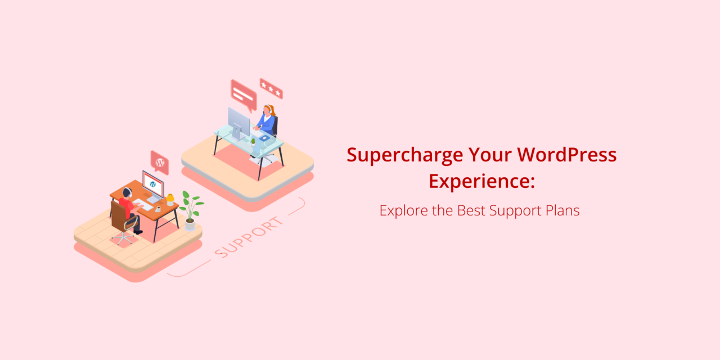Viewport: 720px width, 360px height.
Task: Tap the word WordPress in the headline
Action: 566,155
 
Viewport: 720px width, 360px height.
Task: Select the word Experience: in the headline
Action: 482,182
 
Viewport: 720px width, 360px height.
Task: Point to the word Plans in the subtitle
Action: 562,210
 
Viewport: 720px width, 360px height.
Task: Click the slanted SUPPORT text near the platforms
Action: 249,237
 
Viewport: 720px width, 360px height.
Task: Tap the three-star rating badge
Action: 271,88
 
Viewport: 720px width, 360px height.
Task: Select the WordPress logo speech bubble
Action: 160,163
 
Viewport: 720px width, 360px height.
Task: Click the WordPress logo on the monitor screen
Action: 153,184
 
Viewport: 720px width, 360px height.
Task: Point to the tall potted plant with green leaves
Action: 191,210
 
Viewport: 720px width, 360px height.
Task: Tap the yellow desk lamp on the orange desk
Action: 170,200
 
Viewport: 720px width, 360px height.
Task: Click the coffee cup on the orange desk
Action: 158,209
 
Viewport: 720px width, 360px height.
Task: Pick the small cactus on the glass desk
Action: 253,142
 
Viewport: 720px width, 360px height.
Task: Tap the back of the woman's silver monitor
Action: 238,123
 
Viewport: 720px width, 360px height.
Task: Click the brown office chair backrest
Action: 118,216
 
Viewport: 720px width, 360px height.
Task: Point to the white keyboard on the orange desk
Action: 143,205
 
